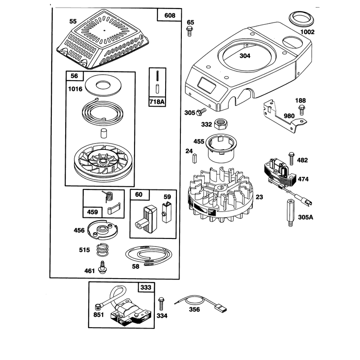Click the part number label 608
click(170, 15)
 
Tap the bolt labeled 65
click(189, 31)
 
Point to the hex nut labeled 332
click(220, 124)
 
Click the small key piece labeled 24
click(194, 158)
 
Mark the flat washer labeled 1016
click(103, 85)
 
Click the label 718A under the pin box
click(157, 102)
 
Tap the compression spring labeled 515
click(103, 249)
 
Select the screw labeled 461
click(103, 267)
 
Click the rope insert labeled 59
click(167, 212)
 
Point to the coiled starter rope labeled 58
click(148, 255)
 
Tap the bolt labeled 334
click(161, 304)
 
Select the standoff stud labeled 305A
click(290, 213)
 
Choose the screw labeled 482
click(291, 158)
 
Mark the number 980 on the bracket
click(289, 116)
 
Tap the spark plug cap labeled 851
click(98, 306)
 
